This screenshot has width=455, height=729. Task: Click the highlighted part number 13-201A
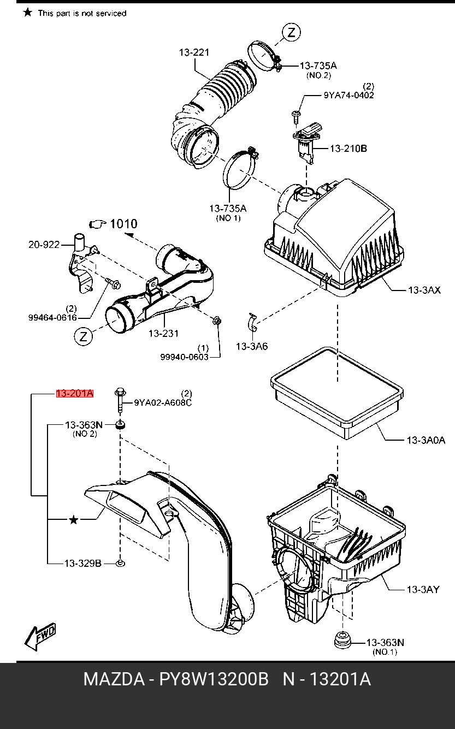(x=75, y=394)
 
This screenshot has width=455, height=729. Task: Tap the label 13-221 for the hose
(x=194, y=53)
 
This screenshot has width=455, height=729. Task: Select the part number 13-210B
(x=348, y=148)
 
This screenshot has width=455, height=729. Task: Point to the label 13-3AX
(x=424, y=289)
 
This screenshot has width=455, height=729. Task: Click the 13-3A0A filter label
(x=426, y=440)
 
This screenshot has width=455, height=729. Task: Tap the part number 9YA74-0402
(x=348, y=95)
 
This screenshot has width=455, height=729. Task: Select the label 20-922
(x=44, y=245)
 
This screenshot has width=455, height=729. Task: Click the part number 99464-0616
(x=53, y=317)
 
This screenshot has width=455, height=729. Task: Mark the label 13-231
(x=163, y=333)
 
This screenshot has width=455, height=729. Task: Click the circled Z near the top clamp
(x=291, y=32)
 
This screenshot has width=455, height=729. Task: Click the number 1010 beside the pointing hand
(x=123, y=223)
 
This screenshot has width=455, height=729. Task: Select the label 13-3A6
(x=252, y=346)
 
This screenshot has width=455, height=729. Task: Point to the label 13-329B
(x=83, y=563)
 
